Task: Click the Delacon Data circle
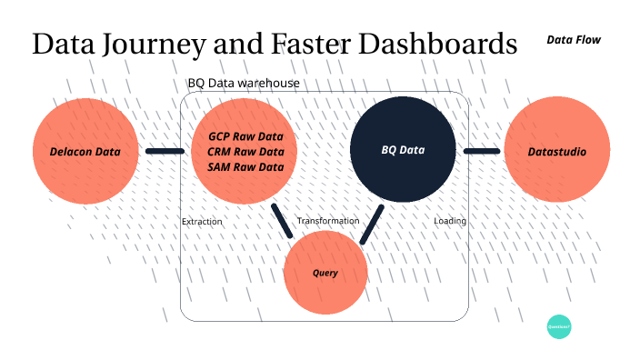(x=86, y=151)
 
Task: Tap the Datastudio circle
(x=556, y=151)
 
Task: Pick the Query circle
(x=325, y=273)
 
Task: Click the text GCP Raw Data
(x=245, y=136)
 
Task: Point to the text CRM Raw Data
(x=245, y=152)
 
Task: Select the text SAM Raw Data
(x=245, y=167)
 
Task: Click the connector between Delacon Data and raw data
(x=165, y=152)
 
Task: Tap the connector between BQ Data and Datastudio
(x=482, y=151)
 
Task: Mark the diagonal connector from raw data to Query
(x=282, y=219)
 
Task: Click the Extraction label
(x=202, y=222)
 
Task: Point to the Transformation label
(x=327, y=222)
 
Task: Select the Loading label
(x=450, y=222)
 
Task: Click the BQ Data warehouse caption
(x=244, y=84)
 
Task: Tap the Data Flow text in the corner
(x=574, y=40)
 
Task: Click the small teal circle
(x=559, y=325)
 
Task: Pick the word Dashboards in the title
(x=434, y=44)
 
